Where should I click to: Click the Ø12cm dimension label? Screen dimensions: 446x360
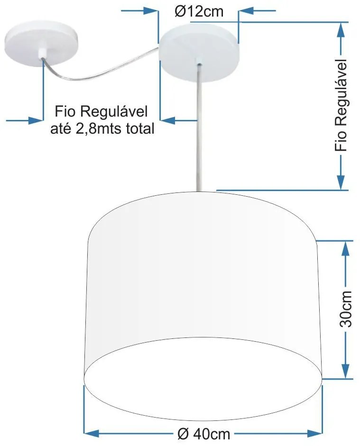pyautogui.click(x=198, y=11)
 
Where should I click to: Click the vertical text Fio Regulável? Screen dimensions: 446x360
pyautogui.click(x=341, y=105)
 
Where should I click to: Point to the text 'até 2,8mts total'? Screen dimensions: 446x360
pyautogui.click(x=102, y=128)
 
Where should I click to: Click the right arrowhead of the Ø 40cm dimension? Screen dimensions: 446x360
pyautogui.click(x=314, y=433)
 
